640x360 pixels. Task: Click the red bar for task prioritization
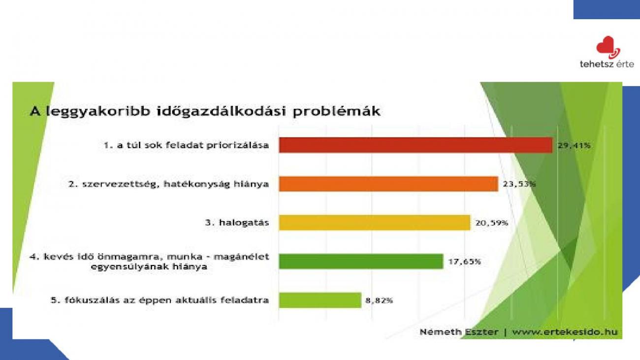(x=416, y=145)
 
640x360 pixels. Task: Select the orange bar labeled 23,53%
(x=388, y=184)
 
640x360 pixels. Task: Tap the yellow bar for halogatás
(x=375, y=223)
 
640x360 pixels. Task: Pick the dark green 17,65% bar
(x=361, y=261)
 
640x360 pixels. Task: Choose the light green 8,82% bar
(x=320, y=300)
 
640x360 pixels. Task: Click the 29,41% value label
(x=574, y=146)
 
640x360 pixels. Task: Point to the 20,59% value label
(x=492, y=223)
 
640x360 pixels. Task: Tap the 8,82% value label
(x=379, y=300)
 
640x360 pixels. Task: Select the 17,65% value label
(x=465, y=262)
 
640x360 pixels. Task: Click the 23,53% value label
(x=519, y=184)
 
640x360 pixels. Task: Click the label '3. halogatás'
(x=237, y=223)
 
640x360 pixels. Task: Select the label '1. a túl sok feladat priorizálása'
(x=186, y=145)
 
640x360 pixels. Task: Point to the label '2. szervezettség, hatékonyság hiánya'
(x=168, y=184)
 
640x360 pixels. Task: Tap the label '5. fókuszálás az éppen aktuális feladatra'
(x=160, y=300)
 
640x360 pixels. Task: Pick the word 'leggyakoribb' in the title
(x=98, y=112)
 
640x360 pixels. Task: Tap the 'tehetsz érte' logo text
(x=607, y=64)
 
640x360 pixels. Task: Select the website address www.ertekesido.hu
(x=565, y=332)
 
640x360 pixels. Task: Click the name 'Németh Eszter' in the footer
(x=459, y=332)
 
